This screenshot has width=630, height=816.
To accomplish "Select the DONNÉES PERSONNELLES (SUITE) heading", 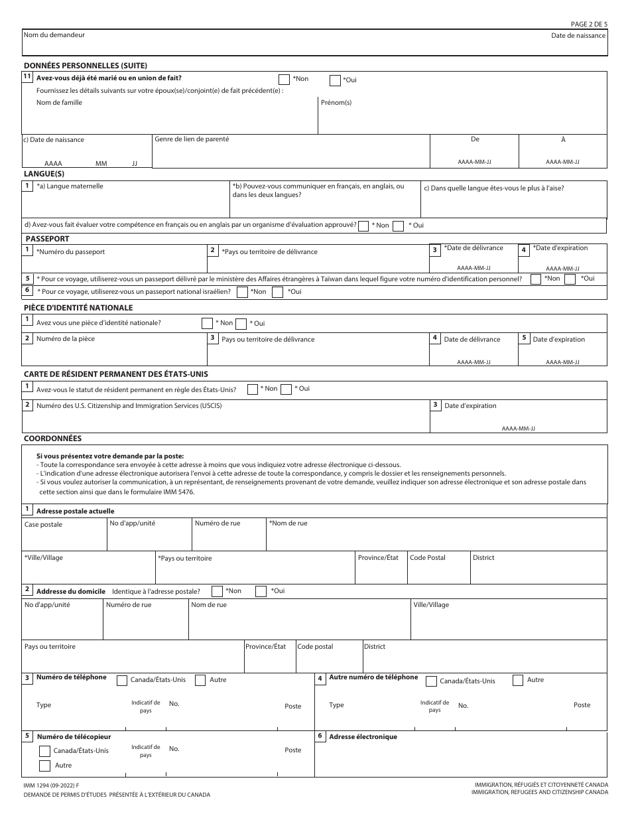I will [x=85, y=65].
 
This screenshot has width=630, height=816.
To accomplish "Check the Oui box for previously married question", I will [x=336, y=80].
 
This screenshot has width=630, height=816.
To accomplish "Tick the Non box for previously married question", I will [x=284, y=79].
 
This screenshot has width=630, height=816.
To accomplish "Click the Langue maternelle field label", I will [x=70, y=187].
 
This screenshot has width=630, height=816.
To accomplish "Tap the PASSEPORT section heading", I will [x=47, y=239].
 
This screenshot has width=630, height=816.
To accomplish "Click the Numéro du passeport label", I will [x=70, y=252].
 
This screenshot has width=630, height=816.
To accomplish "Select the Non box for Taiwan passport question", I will [x=536, y=279].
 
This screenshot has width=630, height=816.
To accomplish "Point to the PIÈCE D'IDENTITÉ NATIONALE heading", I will [x=78, y=308].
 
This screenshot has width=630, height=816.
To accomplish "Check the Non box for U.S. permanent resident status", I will [x=253, y=389].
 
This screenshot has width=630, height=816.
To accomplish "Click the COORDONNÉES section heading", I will [x=52, y=439].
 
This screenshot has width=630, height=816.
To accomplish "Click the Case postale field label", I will [x=43, y=525].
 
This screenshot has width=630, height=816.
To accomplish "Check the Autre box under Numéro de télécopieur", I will [x=45, y=766].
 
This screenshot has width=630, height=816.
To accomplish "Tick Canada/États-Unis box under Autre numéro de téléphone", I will [x=432, y=681].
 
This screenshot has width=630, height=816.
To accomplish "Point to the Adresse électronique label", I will [x=363, y=737].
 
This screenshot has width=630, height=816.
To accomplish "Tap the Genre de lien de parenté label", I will [x=192, y=139].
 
